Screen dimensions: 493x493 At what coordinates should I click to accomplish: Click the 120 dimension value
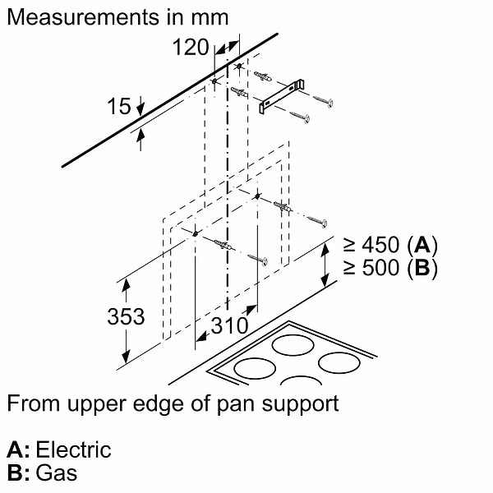(x=191, y=47)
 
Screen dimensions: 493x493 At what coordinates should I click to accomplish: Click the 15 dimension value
(x=119, y=106)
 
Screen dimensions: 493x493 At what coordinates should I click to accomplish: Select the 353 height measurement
(x=126, y=316)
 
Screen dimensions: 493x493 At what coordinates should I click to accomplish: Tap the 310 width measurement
(x=228, y=325)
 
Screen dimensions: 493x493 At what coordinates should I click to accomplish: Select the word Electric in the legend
(x=73, y=449)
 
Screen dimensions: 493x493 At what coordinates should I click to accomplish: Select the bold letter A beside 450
(x=423, y=245)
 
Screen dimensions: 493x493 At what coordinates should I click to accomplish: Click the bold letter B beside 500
(x=423, y=268)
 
